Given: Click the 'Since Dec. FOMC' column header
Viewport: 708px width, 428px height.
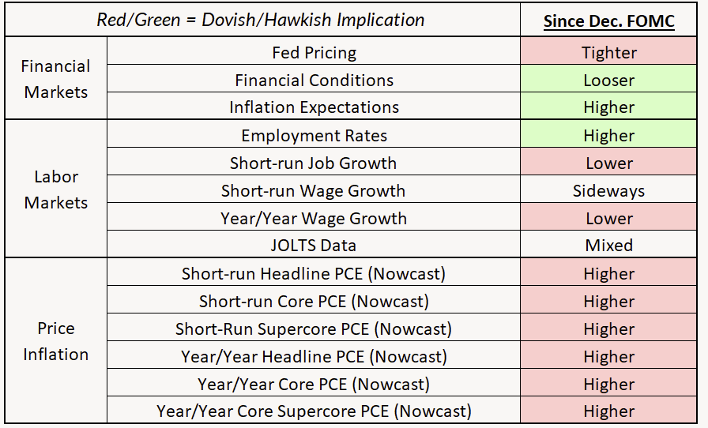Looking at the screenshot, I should pyautogui.click(x=608, y=21).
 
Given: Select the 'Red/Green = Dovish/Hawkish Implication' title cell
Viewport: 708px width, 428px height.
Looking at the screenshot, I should pyautogui.click(x=261, y=21).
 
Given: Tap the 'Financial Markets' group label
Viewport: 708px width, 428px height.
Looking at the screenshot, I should pyautogui.click(x=55, y=79).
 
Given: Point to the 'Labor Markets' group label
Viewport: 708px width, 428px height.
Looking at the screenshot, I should pyautogui.click(x=55, y=190).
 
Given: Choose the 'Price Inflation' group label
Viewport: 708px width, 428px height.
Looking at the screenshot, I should pyautogui.click(x=55, y=341).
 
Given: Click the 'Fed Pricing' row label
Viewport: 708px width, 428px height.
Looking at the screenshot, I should pyautogui.click(x=314, y=53).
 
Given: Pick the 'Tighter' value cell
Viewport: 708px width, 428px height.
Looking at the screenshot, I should pyautogui.click(x=608, y=53).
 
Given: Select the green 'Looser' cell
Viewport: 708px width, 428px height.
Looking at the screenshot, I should pyautogui.click(x=608, y=81).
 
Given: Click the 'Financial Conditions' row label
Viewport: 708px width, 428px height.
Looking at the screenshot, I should pyautogui.click(x=314, y=81).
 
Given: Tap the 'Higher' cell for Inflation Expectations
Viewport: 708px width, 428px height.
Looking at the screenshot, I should pyautogui.click(x=608, y=107).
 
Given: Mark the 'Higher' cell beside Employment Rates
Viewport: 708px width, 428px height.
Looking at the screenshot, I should pyautogui.click(x=608, y=136).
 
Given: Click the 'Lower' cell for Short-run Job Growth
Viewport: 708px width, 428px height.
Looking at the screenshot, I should pyautogui.click(x=608, y=163).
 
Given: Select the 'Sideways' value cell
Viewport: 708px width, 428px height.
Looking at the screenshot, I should pyautogui.click(x=608, y=191).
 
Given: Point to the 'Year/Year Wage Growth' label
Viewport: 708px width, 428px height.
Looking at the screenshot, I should pyautogui.click(x=314, y=219).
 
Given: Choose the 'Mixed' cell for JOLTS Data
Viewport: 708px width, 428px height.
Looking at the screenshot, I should pyautogui.click(x=608, y=246).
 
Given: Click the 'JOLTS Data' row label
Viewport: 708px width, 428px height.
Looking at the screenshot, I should pyautogui.click(x=314, y=246).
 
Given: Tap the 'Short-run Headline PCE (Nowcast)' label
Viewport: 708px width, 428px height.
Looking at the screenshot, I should pyautogui.click(x=314, y=274).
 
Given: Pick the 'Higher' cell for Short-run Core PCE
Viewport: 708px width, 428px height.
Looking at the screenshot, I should pyautogui.click(x=608, y=302).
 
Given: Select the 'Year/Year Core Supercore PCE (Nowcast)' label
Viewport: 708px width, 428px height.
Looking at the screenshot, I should pyautogui.click(x=314, y=411).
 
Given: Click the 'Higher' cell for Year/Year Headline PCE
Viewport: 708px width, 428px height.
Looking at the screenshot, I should pyautogui.click(x=608, y=357).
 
